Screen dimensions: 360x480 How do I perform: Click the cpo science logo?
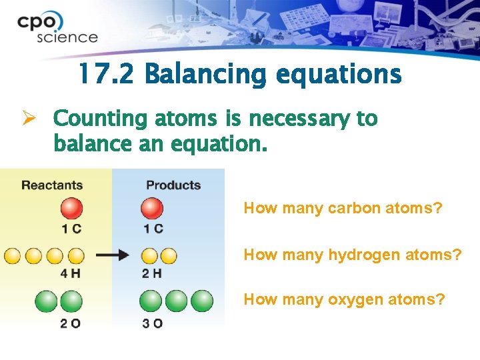point(57,29)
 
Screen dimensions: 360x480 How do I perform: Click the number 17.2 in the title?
point(105,74)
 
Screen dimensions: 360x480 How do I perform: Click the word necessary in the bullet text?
point(297,119)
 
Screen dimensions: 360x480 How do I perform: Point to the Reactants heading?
point(52,185)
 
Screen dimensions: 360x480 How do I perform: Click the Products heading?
point(173,185)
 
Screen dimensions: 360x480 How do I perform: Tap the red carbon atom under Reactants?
point(71,209)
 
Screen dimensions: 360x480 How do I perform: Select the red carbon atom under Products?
point(152,209)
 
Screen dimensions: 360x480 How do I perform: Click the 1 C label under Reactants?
point(71,229)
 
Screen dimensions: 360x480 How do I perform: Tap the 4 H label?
point(71,273)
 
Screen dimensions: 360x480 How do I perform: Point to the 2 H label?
point(151,273)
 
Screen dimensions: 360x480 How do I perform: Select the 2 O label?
point(71,323)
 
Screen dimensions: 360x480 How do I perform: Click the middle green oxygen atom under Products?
point(177,301)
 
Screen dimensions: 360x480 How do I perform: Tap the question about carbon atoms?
point(343,208)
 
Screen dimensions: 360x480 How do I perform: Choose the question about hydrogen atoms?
point(352,254)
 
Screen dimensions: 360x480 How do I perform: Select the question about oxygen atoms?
point(344,299)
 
